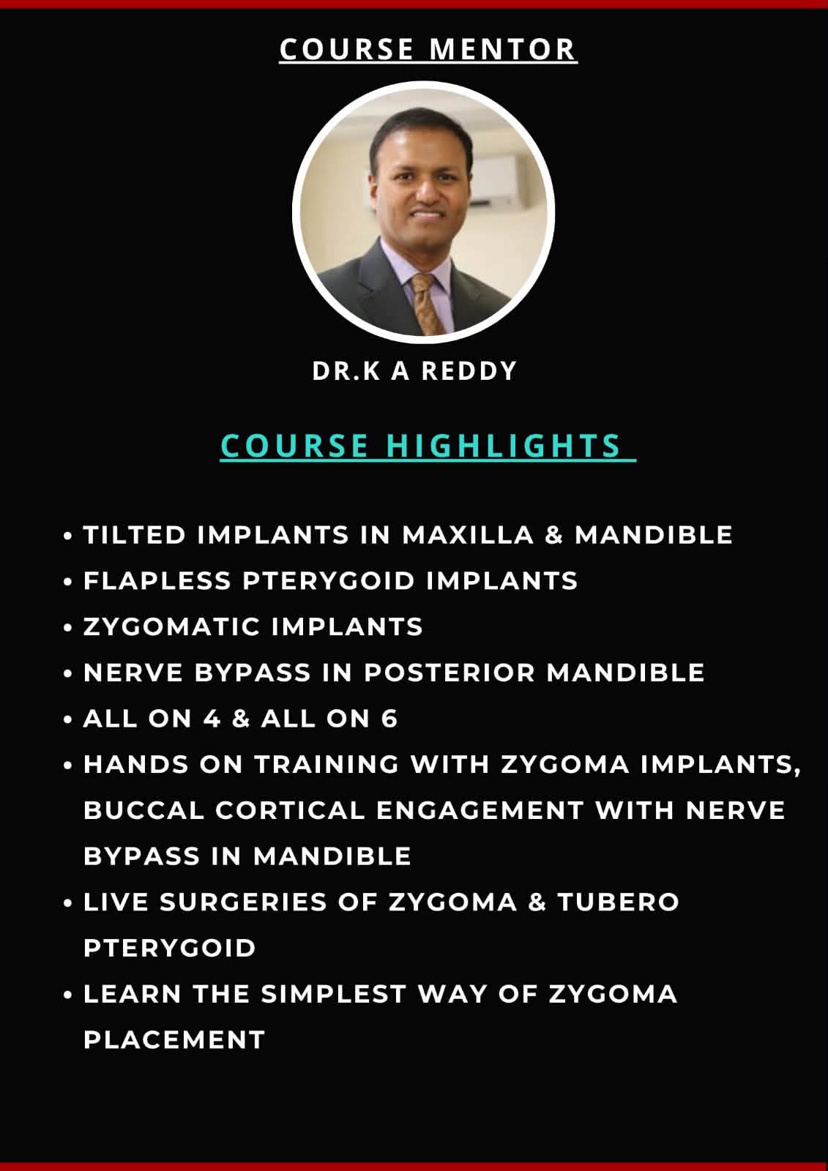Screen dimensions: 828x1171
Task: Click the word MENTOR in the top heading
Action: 502,49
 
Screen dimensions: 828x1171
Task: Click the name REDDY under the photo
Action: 469,370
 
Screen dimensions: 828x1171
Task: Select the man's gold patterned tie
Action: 427,303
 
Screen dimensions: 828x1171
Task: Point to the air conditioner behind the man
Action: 497,178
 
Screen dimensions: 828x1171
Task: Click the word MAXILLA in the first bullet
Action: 468,535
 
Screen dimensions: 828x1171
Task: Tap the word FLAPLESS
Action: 157,581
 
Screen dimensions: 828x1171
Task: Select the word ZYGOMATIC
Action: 172,626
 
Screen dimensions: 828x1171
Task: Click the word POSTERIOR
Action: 450,673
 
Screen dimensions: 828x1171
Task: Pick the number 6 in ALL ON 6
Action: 389,718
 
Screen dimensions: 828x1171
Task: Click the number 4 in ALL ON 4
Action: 212,718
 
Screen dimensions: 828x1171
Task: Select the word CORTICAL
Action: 290,810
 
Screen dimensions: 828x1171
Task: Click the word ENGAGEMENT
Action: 480,810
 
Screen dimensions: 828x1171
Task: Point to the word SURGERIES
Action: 243,902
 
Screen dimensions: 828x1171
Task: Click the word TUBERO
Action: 618,902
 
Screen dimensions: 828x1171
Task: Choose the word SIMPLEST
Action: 333,995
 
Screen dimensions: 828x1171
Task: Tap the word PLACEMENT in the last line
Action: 174,1040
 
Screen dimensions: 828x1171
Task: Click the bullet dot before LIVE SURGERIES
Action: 67,903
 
